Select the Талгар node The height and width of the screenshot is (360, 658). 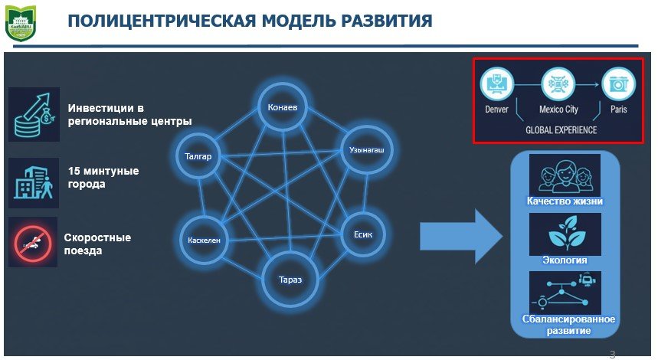(198, 156)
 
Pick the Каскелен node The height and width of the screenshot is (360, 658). (204, 240)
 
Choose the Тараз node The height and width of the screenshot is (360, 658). (290, 279)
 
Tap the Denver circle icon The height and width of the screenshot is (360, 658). (496, 84)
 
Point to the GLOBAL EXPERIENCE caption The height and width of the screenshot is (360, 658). (561, 130)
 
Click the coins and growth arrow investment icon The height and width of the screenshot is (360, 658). (34, 114)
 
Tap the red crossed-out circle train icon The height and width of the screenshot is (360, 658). (33, 242)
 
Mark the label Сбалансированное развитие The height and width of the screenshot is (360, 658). (565, 325)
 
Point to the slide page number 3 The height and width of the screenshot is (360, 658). (612, 353)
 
